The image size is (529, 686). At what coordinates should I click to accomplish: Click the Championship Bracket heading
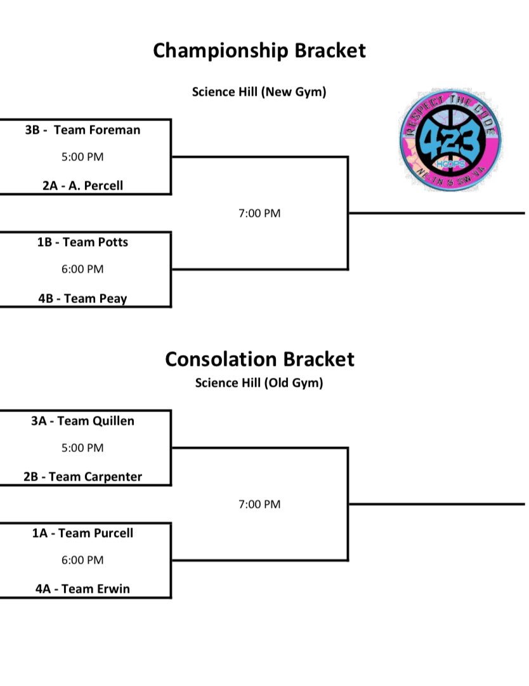point(259,50)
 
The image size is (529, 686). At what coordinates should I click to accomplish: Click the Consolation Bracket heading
point(259,359)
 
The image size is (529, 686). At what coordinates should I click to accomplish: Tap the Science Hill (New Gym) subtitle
point(259,92)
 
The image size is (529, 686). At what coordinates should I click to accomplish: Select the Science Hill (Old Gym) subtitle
point(259,383)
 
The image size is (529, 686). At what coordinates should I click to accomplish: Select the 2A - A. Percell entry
point(83,186)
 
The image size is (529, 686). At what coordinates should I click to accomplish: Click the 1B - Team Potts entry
point(83,242)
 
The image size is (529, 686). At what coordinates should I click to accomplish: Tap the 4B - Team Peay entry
point(83,299)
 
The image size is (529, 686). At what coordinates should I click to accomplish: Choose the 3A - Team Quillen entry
point(83,421)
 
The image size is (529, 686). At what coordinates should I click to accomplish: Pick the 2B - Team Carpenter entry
point(83,477)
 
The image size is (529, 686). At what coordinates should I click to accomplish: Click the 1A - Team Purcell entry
point(83,533)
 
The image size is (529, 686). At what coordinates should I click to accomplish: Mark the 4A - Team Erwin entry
point(83,589)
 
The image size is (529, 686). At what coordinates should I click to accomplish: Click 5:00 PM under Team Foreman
point(83,157)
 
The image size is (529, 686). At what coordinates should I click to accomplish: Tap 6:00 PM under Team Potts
point(83,269)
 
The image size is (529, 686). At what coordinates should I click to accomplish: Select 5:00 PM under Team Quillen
point(83,448)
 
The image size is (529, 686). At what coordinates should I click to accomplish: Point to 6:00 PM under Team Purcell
point(83,560)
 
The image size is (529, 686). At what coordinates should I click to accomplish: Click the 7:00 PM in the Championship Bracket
point(259,214)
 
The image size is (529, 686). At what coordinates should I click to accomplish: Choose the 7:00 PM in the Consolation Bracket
point(259,505)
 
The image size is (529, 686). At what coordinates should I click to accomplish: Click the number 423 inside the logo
point(452,137)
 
